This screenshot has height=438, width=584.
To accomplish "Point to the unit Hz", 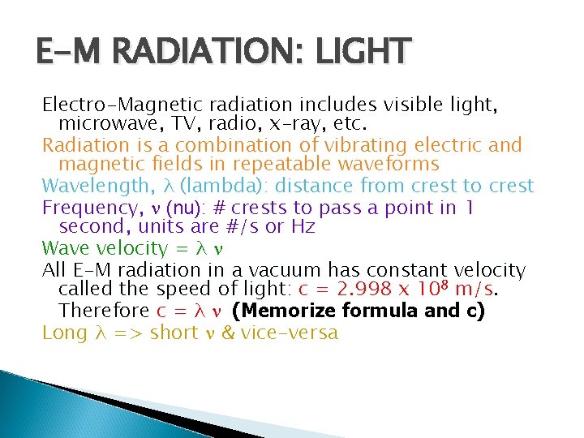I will pos(302,227).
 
